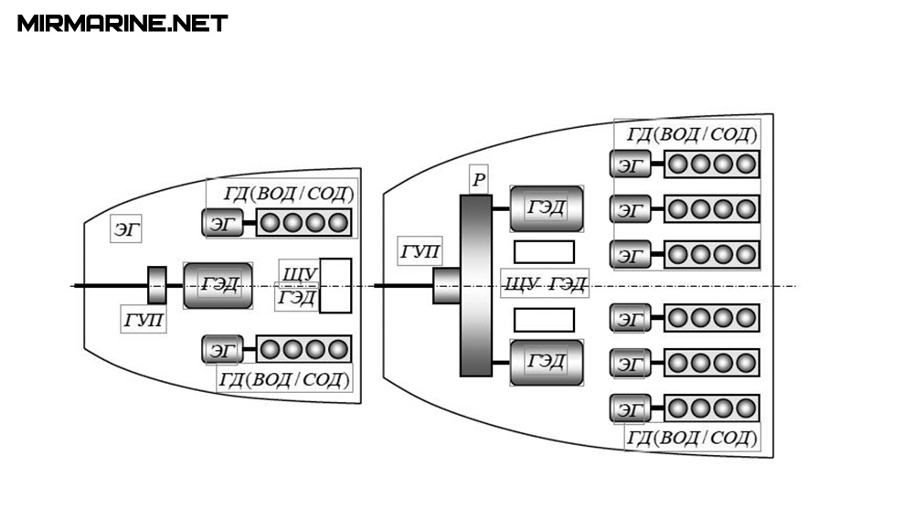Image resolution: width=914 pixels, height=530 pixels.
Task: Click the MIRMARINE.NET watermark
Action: point(122,24)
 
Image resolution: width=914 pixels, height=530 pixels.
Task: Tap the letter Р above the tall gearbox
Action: point(477,180)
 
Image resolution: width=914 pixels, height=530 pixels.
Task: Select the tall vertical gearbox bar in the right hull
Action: point(475,285)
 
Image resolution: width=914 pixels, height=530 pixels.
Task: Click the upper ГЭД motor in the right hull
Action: point(547,209)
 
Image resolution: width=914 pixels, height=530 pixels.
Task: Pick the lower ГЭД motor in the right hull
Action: point(547,362)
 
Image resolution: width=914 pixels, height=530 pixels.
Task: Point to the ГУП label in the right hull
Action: point(420,250)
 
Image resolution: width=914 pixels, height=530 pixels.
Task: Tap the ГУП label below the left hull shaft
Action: point(144,320)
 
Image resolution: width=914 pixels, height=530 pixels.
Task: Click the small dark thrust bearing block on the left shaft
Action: point(157,285)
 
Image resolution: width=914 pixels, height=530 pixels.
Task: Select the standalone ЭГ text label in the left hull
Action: point(127,228)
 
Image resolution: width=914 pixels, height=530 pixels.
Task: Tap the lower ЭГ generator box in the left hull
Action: point(223,350)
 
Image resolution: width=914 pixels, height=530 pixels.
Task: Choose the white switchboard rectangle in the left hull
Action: point(335,285)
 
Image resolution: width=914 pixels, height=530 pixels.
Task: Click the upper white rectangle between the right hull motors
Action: point(544,251)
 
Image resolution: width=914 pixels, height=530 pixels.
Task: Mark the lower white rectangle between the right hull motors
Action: point(544,320)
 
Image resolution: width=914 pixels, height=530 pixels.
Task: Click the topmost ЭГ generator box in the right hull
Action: point(631,164)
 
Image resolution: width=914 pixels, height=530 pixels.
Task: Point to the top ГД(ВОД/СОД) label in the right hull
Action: point(692,135)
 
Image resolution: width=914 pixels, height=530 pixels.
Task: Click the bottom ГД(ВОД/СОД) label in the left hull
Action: point(284,378)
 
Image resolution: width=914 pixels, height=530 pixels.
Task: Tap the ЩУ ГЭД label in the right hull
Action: point(545,284)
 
